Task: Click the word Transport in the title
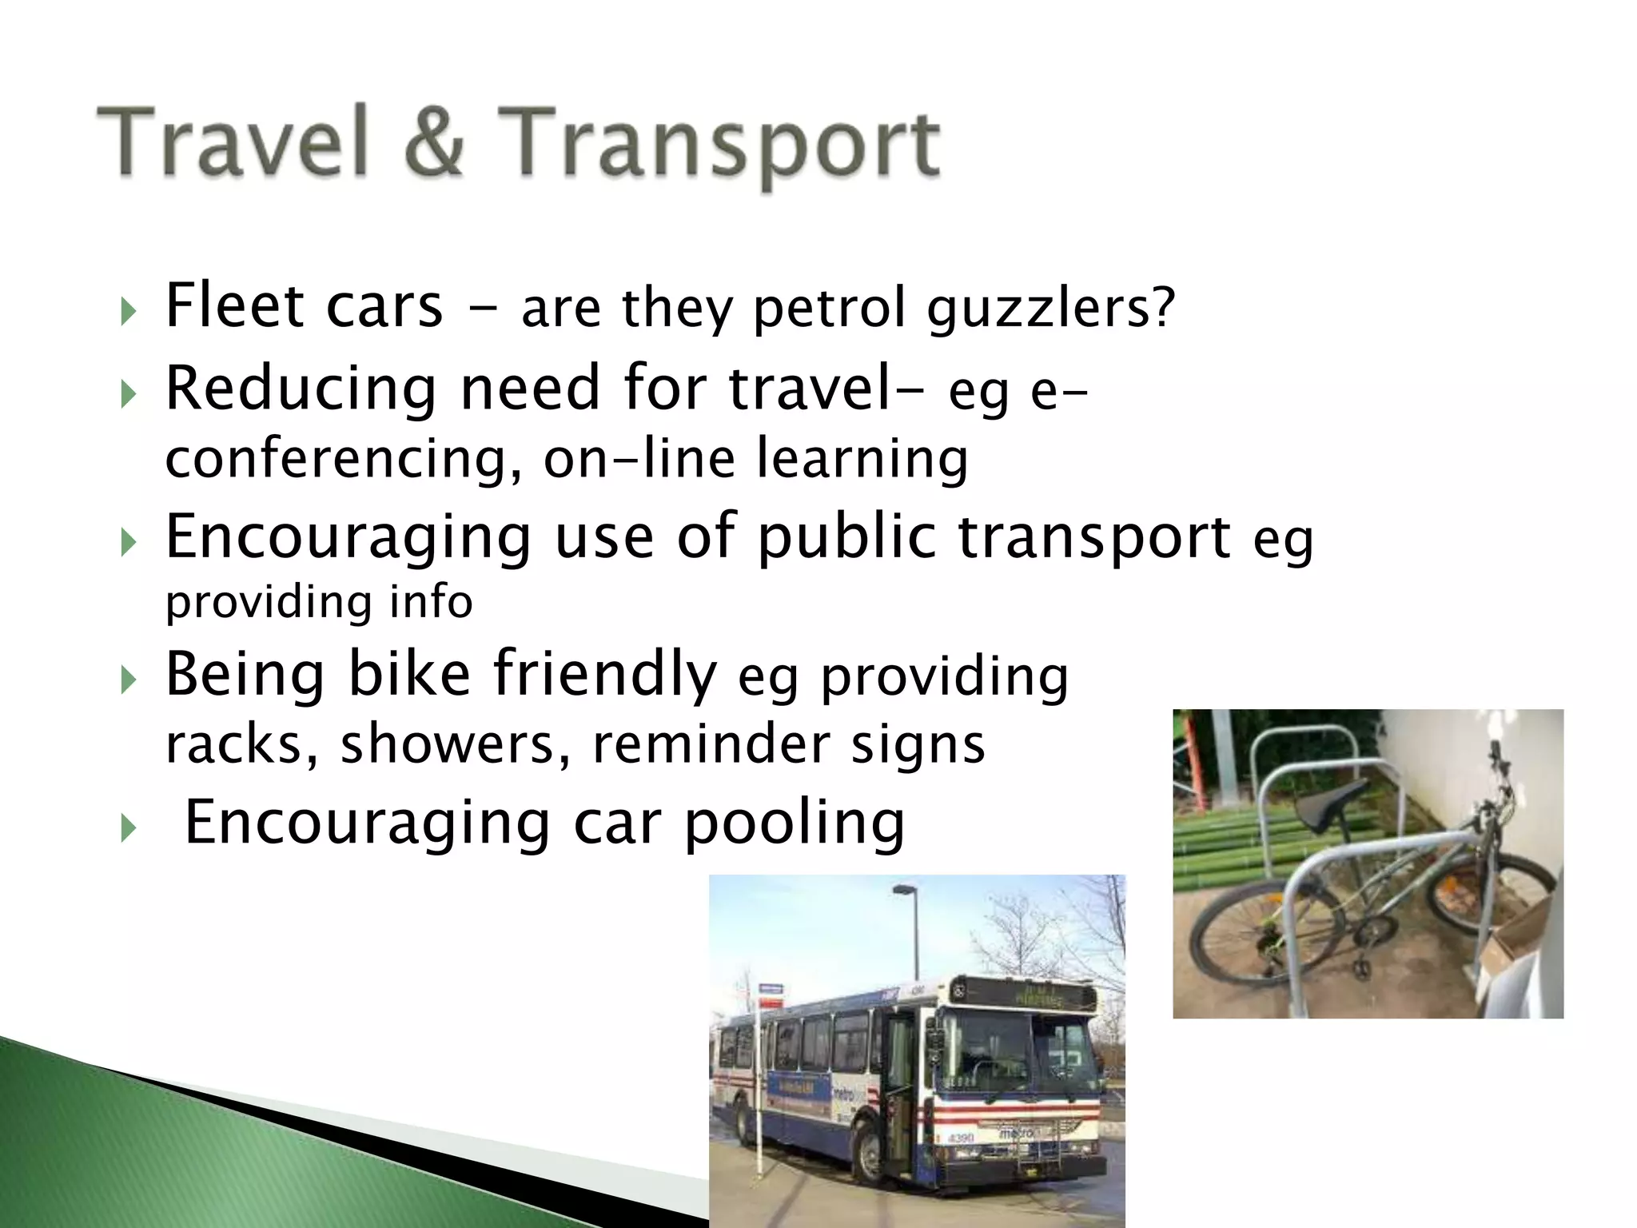pos(719,144)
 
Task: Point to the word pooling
pos(795,823)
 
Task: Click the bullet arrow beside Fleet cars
pos(128,310)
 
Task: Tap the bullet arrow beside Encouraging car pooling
pos(128,828)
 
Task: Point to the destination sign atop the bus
pos(1031,996)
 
